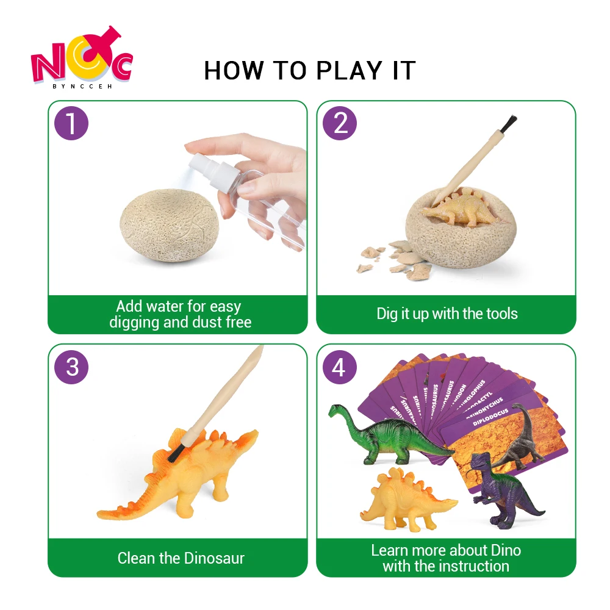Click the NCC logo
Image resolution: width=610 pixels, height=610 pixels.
(x=81, y=63)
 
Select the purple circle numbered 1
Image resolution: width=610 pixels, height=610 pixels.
(x=71, y=124)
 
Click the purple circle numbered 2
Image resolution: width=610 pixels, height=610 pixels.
(x=340, y=124)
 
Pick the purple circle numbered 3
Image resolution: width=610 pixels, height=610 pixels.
(x=71, y=367)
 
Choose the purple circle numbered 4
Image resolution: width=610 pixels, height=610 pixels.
(x=339, y=367)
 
